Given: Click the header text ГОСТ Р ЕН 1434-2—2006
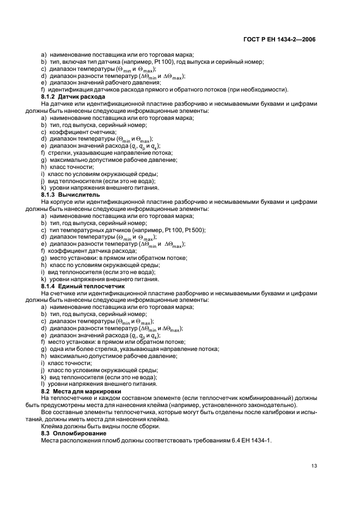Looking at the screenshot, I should (280, 39).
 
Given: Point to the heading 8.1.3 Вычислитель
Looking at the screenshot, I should (69, 195).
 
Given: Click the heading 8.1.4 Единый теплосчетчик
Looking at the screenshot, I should (80, 286).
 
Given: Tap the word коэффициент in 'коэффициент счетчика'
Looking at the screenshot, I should (66, 132).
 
